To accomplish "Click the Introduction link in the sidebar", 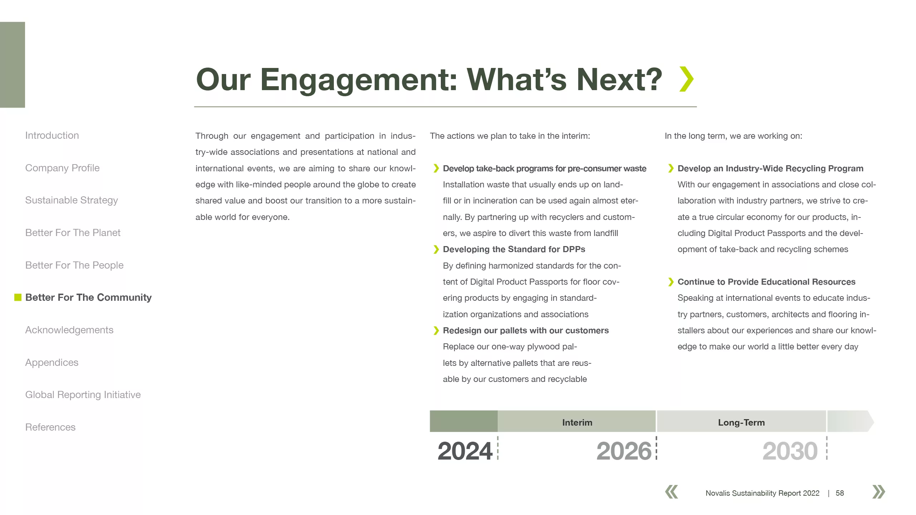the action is [x=52, y=136].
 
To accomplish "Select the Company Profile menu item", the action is [x=62, y=168].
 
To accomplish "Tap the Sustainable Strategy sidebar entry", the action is [x=72, y=200].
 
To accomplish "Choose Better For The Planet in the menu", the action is [x=73, y=233].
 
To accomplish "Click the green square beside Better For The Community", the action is [x=18, y=298].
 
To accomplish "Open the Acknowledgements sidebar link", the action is [x=69, y=330].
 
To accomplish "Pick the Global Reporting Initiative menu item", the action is [x=83, y=395].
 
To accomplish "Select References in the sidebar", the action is [x=50, y=427].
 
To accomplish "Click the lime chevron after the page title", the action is [x=687, y=79].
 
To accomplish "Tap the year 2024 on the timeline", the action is [x=465, y=451].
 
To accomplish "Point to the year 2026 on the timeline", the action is [x=624, y=451].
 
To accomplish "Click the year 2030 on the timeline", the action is [x=790, y=451].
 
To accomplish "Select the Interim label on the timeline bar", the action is [x=577, y=423].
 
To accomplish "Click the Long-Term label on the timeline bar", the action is [x=741, y=423].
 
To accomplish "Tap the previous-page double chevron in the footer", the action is [x=672, y=492].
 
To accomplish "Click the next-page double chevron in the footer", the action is [x=879, y=492].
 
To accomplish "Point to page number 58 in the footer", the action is [x=840, y=493].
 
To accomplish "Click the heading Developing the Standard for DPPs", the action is [x=514, y=249].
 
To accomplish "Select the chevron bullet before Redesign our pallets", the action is [x=436, y=330].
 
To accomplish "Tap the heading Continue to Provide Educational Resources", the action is [x=766, y=282].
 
